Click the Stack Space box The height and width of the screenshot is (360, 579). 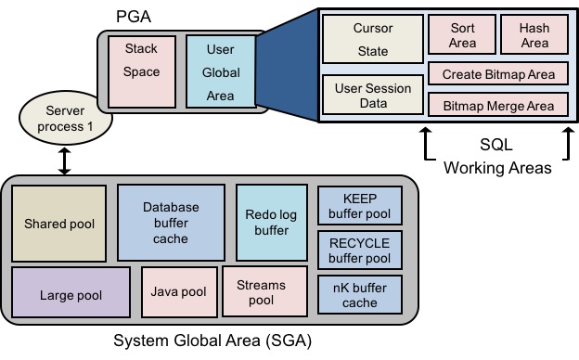coord(141,71)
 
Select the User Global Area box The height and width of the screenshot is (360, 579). coord(213,71)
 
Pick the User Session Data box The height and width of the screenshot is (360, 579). coord(372,96)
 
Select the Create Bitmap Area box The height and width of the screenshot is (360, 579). coord(497,74)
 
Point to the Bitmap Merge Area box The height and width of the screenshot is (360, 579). coord(497,105)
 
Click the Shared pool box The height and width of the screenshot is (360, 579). coord(59,223)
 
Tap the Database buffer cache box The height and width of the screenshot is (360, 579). coord(171,223)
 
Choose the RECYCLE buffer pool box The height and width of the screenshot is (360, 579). coord(359,250)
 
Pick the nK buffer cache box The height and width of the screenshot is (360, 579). coord(359,294)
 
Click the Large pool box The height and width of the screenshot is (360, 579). coord(71,292)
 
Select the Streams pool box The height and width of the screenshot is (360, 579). coord(262,292)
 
